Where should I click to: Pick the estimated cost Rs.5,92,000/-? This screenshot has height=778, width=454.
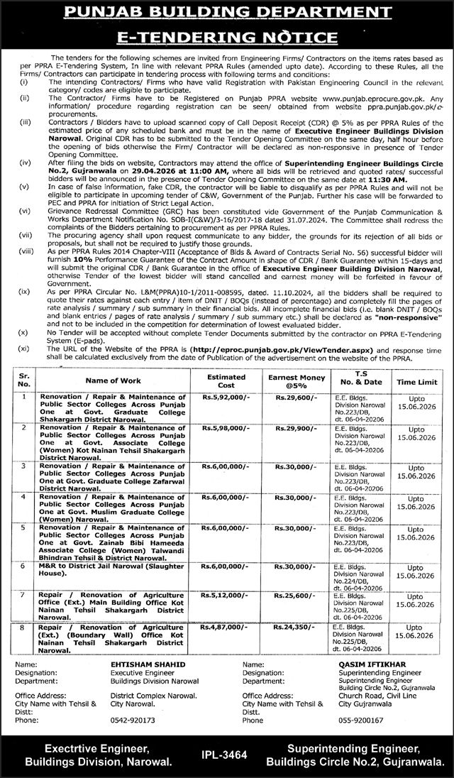[226, 399]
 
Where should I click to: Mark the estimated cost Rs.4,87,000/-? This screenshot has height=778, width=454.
[226, 628]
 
